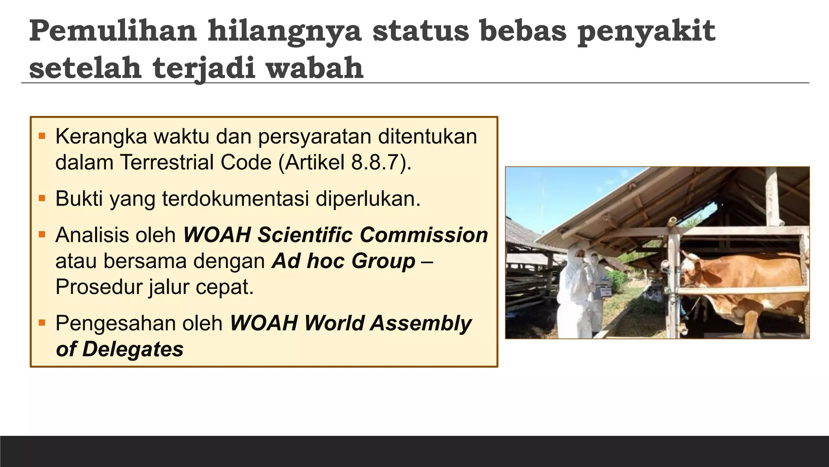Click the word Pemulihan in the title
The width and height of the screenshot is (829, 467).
(x=113, y=32)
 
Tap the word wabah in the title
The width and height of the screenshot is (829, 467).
(x=315, y=68)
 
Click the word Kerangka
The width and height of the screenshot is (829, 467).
(x=101, y=137)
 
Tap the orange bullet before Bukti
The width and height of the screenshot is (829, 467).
(x=42, y=199)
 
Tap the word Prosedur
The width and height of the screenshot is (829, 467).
(x=99, y=287)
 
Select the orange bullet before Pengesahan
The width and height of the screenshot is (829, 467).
(x=42, y=323)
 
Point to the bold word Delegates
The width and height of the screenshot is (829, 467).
(x=133, y=349)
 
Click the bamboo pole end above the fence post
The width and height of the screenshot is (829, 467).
(x=672, y=221)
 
